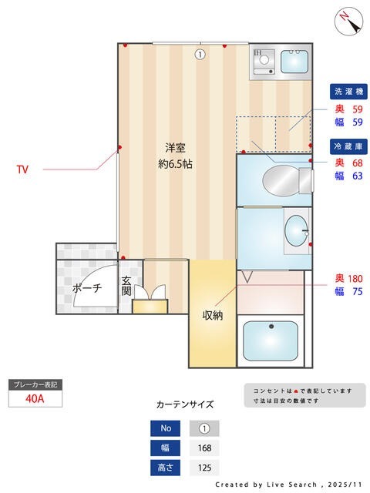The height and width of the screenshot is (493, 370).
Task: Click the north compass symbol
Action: pos(349,21)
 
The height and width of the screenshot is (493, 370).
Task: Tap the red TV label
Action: pos(22,169)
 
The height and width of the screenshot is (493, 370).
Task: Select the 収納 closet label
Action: pos(213,315)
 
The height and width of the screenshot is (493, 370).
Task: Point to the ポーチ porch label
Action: pos(86,288)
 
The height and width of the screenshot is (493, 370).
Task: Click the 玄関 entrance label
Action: pos(126,286)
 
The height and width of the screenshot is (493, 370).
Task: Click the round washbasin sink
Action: pos(294,229)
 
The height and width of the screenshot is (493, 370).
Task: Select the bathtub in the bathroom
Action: pos(271,341)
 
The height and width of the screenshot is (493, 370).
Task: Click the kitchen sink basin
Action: pos(294,61)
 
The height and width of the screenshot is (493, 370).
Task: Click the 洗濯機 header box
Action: pos(347,92)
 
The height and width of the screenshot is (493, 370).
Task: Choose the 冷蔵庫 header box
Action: pos(347,146)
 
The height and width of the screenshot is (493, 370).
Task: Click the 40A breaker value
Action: pos(34,399)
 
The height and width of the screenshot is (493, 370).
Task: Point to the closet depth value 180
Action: pos(354,278)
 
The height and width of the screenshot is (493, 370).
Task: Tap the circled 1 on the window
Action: pos(200,54)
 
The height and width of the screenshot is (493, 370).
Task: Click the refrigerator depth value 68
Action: pos(357,163)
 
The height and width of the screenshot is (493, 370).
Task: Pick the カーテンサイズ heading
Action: pos(185,404)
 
